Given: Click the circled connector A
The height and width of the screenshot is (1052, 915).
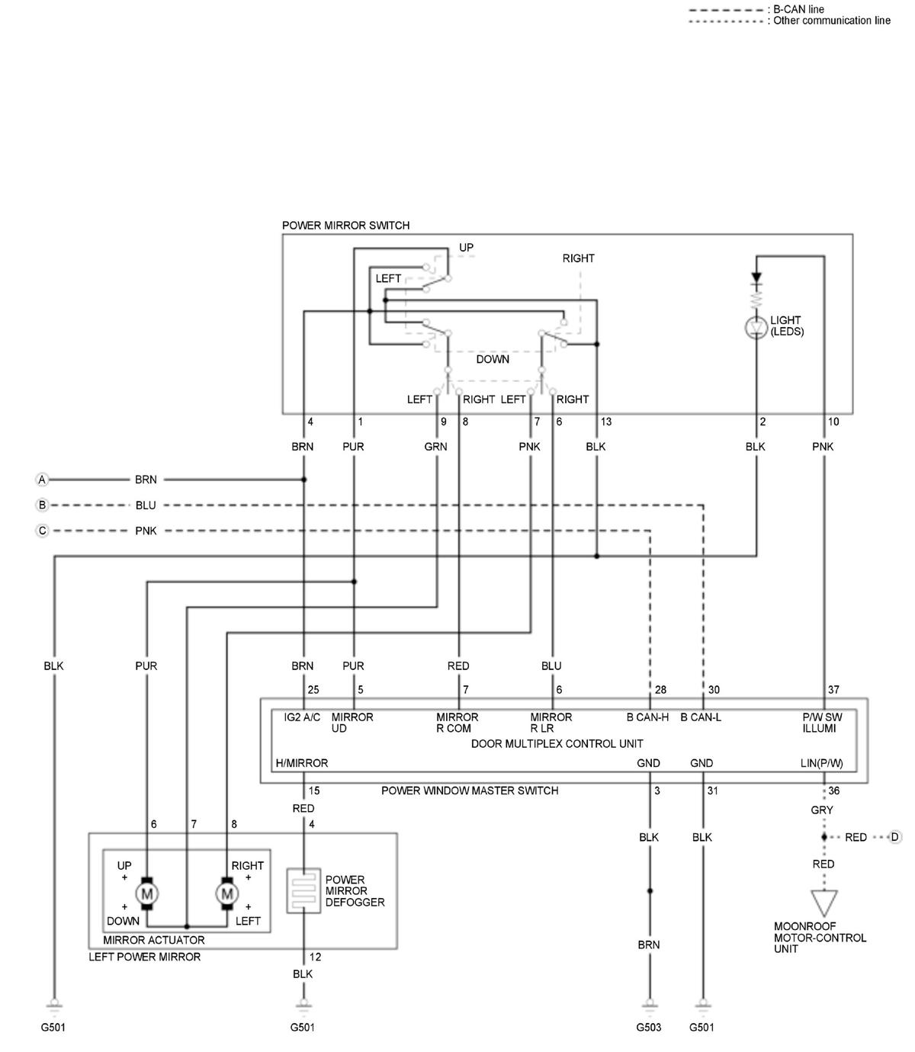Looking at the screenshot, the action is coord(42,479).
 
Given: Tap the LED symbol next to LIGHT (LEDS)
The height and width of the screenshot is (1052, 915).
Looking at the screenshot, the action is coord(756,328).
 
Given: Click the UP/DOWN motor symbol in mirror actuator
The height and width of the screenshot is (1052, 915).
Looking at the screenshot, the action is coord(146,893).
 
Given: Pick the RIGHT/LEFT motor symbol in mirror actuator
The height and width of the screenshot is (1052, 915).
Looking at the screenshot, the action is coord(226,893).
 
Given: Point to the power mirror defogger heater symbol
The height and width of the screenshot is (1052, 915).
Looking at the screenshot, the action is coord(303,891).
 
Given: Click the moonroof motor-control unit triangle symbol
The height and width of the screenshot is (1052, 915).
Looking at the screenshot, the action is coord(824,903).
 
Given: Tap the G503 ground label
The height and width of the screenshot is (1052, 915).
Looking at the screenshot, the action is coord(648,1028).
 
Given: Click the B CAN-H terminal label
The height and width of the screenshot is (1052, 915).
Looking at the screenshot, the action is coord(647,717).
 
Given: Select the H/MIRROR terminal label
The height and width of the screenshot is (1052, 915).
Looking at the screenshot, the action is coord(301,763).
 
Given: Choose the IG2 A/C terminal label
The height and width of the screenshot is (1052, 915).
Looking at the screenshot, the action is coord(302,717).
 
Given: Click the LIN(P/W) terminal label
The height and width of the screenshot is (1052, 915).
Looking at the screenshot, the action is coord(821,764).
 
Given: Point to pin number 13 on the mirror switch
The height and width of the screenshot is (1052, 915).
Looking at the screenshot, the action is coord(606,422).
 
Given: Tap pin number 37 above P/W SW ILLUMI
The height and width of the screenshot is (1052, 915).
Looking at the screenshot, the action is coord(833,689).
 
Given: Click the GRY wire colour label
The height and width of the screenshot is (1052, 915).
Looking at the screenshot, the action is coord(821,810).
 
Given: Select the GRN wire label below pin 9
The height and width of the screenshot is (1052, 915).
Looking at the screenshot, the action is coord(435,447).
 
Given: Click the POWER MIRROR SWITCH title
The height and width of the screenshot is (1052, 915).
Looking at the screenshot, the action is coord(345,225).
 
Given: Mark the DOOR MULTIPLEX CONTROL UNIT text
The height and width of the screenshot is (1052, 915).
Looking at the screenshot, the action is coord(557,743).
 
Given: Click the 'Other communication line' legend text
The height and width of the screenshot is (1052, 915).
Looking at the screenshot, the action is coord(832,21).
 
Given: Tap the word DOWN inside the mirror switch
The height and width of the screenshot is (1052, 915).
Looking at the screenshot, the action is coord(493,359).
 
